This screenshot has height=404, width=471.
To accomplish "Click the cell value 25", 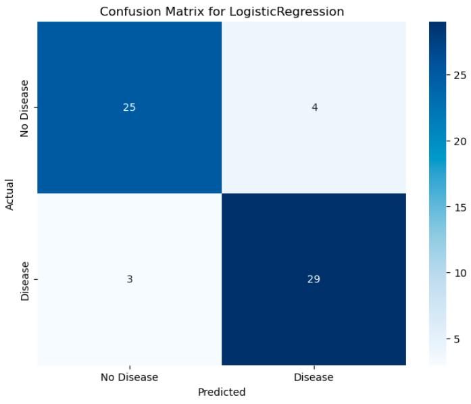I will click(x=129, y=108).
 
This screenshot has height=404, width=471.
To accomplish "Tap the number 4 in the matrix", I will click(x=314, y=108).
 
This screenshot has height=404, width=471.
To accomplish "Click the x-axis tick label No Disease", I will click(x=129, y=377).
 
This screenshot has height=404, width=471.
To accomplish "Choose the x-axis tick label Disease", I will click(x=314, y=377).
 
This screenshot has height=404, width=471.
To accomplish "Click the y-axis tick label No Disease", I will click(x=25, y=108).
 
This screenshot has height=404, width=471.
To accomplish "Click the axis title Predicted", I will click(x=222, y=392).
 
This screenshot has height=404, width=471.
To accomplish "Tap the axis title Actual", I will click(x=10, y=194).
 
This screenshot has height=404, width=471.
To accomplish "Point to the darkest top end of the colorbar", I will click(x=437, y=25).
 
